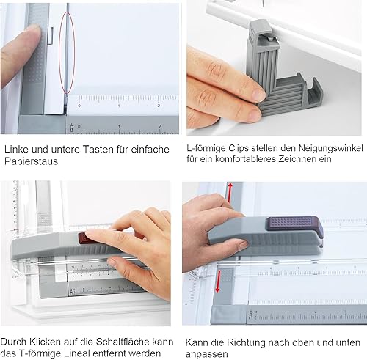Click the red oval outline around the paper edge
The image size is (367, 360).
tap(59, 53)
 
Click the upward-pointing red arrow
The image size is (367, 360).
tap(229, 194)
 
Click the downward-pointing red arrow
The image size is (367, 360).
tap(218, 281)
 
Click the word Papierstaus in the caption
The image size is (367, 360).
tap(31, 161)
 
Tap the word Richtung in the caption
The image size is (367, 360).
tap(246, 342)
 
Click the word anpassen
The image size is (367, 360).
tap(206, 354)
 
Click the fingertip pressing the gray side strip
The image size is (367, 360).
tap(34, 31)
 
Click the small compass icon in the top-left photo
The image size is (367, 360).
tap(71, 129)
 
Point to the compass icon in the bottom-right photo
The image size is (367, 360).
tap(250, 315)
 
